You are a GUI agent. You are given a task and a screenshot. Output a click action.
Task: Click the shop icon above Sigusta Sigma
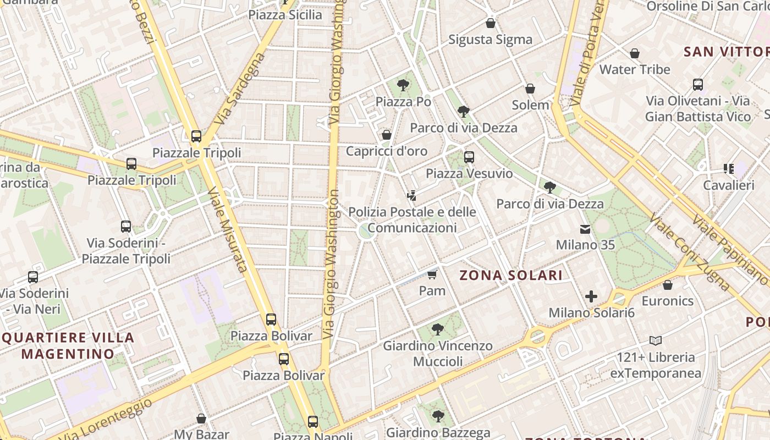pyautogui.click(x=491, y=23)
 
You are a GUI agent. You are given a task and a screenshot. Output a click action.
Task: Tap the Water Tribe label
pyautogui.click(x=635, y=69)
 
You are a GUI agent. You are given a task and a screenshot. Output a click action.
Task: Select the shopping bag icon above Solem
pyautogui.click(x=530, y=89)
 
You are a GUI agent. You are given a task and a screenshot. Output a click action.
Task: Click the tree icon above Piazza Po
pyautogui.click(x=403, y=85)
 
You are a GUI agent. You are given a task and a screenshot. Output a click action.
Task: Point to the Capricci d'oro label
pyautogui.click(x=386, y=151)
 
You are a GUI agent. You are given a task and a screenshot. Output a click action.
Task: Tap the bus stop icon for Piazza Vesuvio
pyautogui.click(x=469, y=157)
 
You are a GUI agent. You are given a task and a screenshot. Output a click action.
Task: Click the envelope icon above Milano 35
pyautogui.click(x=585, y=229)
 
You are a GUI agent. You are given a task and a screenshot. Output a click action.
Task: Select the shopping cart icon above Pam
pyautogui.click(x=432, y=274)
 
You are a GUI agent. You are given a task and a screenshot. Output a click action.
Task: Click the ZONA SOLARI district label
pyautogui.click(x=511, y=276)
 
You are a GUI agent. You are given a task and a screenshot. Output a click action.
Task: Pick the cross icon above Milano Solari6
pyautogui.click(x=591, y=297)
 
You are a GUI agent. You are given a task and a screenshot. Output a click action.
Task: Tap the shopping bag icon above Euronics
pyautogui.click(x=668, y=285)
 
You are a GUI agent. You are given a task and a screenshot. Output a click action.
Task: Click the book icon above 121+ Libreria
pyautogui.click(x=655, y=340)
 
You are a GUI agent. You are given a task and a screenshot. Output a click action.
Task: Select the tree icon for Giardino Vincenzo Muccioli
pyautogui.click(x=438, y=329)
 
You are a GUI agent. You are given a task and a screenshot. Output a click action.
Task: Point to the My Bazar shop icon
pyautogui.click(x=201, y=419)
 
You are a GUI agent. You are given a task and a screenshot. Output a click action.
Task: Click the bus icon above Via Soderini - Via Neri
pyautogui.click(x=33, y=277)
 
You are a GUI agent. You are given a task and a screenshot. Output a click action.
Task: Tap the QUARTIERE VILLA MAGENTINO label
pyautogui.click(x=68, y=345)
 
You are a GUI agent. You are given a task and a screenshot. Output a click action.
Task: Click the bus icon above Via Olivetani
pyautogui.click(x=698, y=85)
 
